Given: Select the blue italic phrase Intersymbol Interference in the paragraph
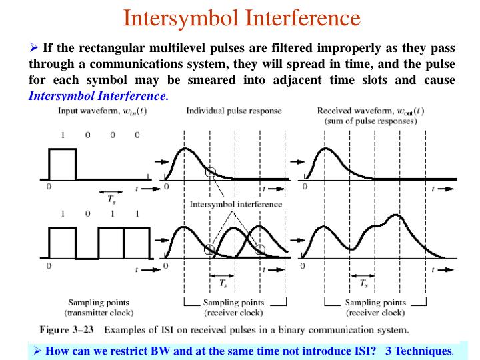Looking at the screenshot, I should tap(98, 95).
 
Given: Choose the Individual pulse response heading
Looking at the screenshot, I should tap(233, 111).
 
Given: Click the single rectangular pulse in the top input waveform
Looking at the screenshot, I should tap(62, 164).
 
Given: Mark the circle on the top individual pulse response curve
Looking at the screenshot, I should tap(211, 171).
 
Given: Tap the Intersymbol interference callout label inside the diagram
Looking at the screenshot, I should tap(235, 204).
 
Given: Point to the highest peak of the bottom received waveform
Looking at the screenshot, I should tap(395, 215).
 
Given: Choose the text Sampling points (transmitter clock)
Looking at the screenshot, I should tap(99, 307).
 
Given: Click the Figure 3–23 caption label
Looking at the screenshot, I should tap(69, 329).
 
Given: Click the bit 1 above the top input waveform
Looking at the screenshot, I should tap(63, 135).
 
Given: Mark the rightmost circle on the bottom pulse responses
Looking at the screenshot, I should tap(260, 249).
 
